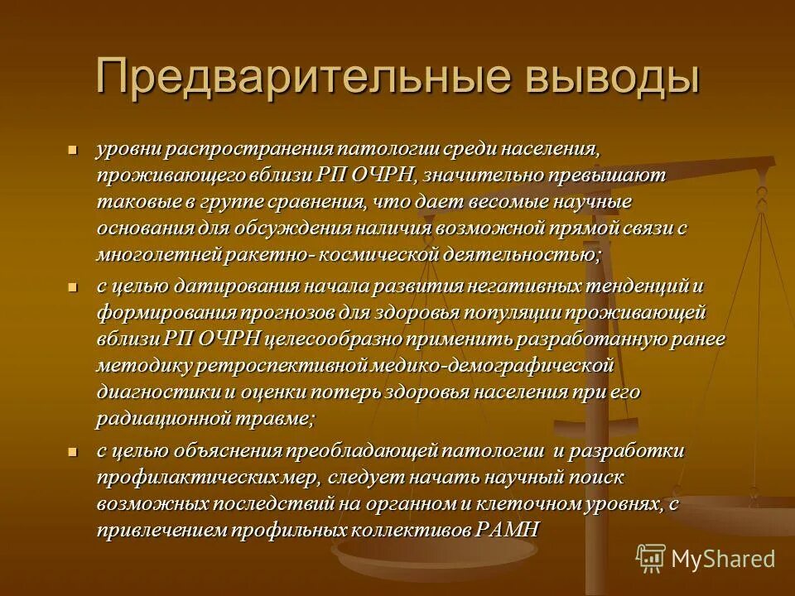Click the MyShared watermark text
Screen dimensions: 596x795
pyautogui.click(x=723, y=559)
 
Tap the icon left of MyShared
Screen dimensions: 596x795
pyautogui.click(x=651, y=558)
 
